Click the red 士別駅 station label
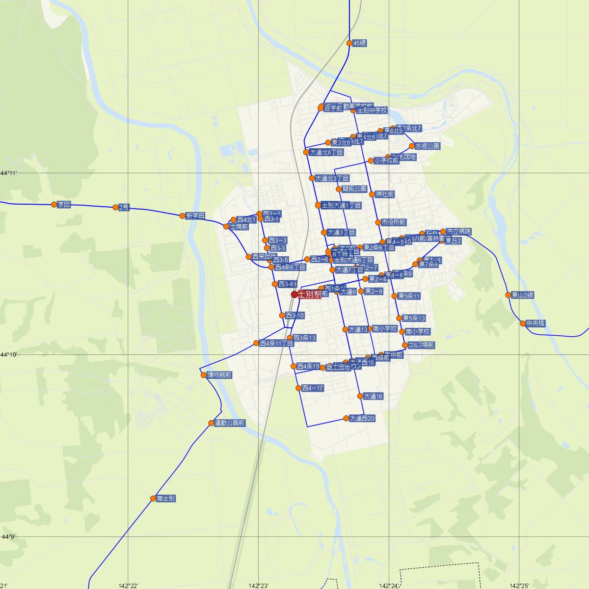tap(310, 295)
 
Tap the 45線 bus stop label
tap(359, 43)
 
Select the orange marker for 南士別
tap(153, 499)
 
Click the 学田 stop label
tap(64, 205)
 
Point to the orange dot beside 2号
tap(115, 207)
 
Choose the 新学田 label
tap(195, 216)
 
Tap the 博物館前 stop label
tap(219, 375)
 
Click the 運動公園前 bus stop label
tap(230, 423)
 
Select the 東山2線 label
tap(522, 295)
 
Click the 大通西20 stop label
tap(362, 419)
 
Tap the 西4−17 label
tap(313, 388)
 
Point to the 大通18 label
tap(373, 397)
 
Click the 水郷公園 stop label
tap(428, 146)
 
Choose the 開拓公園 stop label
tap(354, 189)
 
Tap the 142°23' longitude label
tap(259, 586)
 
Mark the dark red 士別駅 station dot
tap(294, 294)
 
